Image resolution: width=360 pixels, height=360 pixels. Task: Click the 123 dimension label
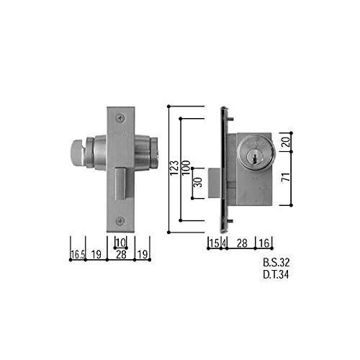coord(174,168)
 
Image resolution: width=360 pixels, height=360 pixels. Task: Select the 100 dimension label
coord(186,168)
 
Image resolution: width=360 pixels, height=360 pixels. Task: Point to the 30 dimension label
coord(198,182)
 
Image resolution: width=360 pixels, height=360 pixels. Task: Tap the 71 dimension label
coord(286,177)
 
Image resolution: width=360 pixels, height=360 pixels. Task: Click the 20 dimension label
coord(286,142)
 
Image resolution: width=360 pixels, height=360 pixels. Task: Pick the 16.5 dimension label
coord(78,255)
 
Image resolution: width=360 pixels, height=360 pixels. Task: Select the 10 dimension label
coord(121,243)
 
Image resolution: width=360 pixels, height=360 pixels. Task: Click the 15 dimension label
coord(214,243)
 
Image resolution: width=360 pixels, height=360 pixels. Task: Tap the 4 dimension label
coord(224,243)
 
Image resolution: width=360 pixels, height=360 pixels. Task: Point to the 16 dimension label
coord(264,243)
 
